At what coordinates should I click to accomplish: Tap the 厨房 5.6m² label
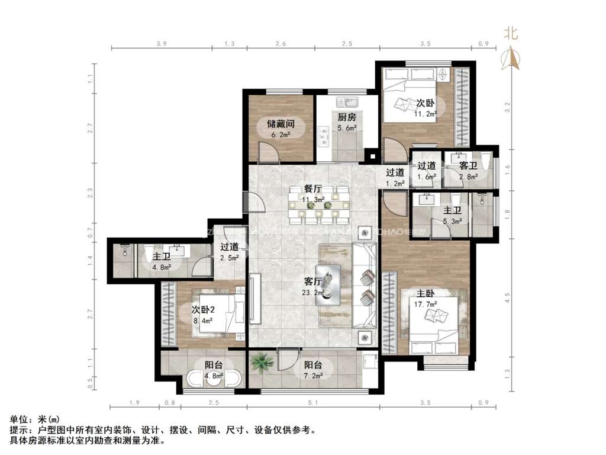pyautogui.click(x=346, y=121)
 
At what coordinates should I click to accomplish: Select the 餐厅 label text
pyautogui.click(x=312, y=189)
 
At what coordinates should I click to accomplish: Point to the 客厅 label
pyautogui.click(x=312, y=282)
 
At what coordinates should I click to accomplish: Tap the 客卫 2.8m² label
pyautogui.click(x=468, y=171)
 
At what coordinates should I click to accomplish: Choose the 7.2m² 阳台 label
pyautogui.click(x=313, y=370)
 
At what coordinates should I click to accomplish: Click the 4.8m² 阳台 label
pyautogui.click(x=213, y=370)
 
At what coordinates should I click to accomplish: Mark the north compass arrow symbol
pyautogui.click(x=510, y=58)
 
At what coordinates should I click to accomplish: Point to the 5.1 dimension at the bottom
pyautogui.click(x=313, y=403)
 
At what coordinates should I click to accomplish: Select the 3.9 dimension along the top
pyautogui.click(x=162, y=44)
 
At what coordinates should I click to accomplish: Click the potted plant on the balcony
pyautogui.click(x=260, y=361)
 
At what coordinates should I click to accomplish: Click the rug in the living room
pyautogui.click(x=347, y=285)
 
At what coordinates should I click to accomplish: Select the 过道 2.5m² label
pyautogui.click(x=230, y=252)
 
